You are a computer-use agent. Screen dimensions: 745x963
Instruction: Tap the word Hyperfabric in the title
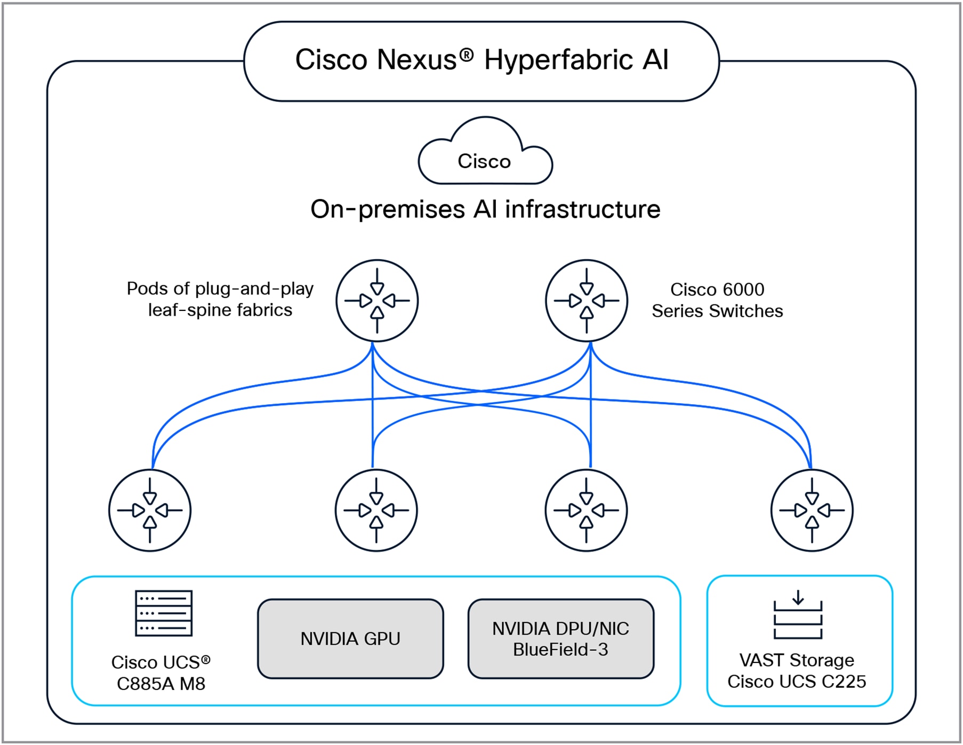click(558, 60)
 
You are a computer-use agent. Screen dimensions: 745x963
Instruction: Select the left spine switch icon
click(377, 301)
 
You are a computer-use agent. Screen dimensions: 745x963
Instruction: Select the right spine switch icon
click(587, 301)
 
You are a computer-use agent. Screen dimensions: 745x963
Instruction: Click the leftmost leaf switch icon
click(150, 510)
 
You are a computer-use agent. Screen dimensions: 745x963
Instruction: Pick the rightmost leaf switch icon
click(812, 510)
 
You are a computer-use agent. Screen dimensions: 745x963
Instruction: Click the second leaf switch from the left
click(376, 510)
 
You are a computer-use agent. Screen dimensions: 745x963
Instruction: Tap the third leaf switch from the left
click(586, 510)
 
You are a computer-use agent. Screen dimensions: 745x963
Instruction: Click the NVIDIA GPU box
click(350, 639)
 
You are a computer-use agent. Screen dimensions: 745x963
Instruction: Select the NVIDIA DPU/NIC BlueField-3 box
click(560, 639)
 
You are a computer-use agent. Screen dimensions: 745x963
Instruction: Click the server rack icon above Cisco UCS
click(164, 613)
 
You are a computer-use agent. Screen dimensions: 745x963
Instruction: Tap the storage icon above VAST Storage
click(798, 615)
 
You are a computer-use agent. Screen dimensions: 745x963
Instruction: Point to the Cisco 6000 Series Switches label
click(717, 300)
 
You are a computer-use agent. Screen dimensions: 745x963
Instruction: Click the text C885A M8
click(161, 684)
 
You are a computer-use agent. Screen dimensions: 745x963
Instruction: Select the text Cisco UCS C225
click(797, 682)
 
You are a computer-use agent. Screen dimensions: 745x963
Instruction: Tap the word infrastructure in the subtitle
click(582, 209)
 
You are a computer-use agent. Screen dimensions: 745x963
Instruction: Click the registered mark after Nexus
click(467, 54)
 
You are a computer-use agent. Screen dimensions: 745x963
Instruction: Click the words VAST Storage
click(797, 661)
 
